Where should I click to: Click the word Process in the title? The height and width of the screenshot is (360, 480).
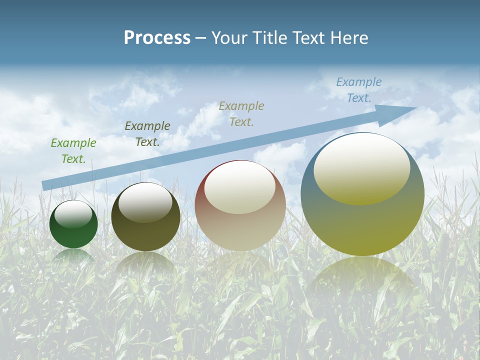coord(157,38)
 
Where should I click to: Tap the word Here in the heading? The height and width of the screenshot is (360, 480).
coord(350,38)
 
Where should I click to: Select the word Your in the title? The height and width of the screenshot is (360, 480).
coord(228,38)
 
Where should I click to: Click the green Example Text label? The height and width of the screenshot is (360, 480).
coord(73,150)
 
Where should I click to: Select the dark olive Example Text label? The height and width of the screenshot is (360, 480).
coord(147,133)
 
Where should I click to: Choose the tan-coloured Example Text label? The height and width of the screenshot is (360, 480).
coord(241,113)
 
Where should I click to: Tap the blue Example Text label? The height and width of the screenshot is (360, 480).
coord(358,90)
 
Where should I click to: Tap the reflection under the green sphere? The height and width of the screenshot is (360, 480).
coord(73,256)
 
